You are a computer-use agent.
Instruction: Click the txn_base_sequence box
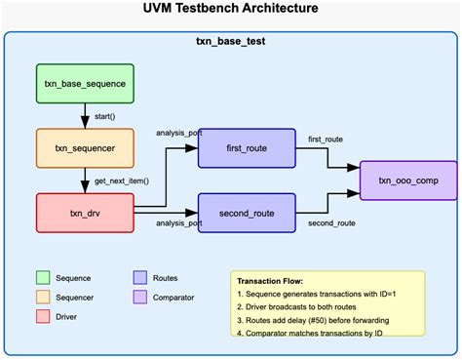84,84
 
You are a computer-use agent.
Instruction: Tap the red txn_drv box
84,213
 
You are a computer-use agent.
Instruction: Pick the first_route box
247,148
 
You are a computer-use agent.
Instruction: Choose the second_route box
247,213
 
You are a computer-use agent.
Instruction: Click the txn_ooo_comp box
408,180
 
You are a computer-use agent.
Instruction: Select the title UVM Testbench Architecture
230,10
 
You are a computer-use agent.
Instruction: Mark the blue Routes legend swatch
138,277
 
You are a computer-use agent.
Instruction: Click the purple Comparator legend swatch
138,297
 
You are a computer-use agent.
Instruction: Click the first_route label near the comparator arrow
326,140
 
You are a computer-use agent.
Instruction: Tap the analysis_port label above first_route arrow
179,133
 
